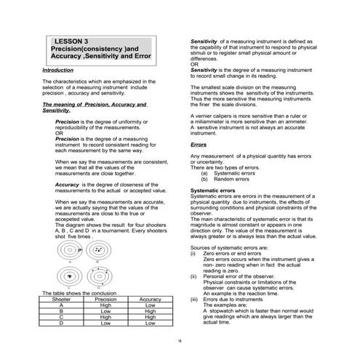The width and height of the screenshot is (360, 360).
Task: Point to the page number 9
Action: [x=180, y=340]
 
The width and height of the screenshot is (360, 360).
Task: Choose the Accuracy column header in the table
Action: [x=150, y=298]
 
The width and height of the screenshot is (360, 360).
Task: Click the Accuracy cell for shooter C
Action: [x=150, y=317]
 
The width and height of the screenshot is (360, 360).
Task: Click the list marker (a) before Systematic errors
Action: [x=204, y=173]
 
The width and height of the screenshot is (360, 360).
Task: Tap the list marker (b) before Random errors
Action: [x=204, y=179]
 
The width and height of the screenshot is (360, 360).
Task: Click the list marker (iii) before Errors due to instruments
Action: [x=194, y=298]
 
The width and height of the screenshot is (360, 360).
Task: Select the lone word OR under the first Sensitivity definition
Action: [x=193, y=64]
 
